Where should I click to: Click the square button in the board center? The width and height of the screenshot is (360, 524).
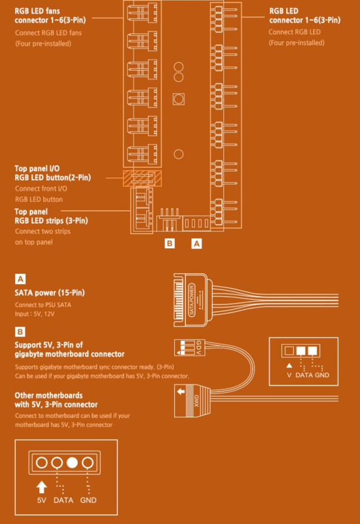[x=179, y=99]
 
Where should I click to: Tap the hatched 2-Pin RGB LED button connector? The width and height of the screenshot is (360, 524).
[x=142, y=178]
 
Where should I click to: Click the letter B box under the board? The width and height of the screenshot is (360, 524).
[x=170, y=243]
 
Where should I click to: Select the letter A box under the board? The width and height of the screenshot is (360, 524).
[x=197, y=244]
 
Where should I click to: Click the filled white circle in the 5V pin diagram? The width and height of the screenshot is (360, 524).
[x=72, y=462]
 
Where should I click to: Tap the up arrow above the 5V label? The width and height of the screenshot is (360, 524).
[x=41, y=487]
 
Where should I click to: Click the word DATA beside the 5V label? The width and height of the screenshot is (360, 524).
[x=63, y=500]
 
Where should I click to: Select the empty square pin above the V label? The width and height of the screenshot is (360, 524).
[x=289, y=350]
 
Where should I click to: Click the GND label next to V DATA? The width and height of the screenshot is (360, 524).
[x=322, y=375]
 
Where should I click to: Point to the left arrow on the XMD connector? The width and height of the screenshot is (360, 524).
[x=181, y=391]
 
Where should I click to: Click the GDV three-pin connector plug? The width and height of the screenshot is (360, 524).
[x=190, y=348]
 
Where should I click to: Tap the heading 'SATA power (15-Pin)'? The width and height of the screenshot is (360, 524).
[x=50, y=293]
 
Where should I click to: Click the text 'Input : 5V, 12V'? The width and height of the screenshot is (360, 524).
[x=35, y=314]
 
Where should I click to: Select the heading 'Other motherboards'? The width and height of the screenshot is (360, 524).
[x=48, y=396]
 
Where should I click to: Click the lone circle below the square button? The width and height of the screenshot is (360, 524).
[x=179, y=154]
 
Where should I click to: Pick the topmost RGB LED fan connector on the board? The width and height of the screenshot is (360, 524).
[x=142, y=12]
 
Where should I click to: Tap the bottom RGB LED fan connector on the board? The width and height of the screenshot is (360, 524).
[x=142, y=154]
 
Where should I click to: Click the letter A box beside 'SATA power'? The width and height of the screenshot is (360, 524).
[x=20, y=279]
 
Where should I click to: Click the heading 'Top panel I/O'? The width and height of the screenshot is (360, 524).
[x=37, y=168]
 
